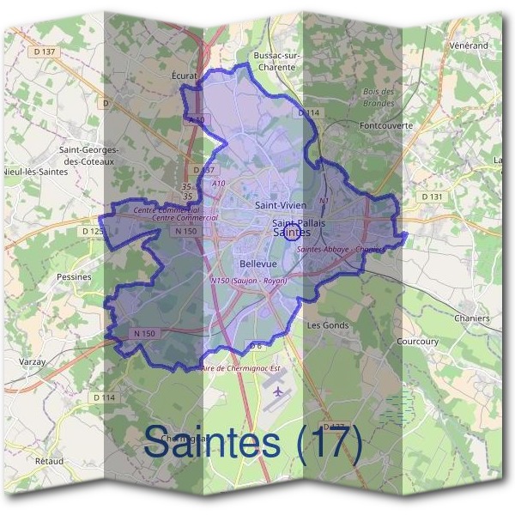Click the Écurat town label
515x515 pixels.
coord(185,76)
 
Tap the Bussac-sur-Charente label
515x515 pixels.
coord(276,62)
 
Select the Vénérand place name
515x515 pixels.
coord(468,45)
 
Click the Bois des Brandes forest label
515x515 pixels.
coord(379,97)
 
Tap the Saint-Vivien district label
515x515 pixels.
coord(282,206)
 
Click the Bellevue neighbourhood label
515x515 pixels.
coord(258,263)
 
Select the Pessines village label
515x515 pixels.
coord(74,277)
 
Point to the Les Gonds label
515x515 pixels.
coord(327,325)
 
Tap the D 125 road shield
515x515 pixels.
coord(91,231)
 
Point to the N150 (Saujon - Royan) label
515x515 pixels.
coord(248,281)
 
